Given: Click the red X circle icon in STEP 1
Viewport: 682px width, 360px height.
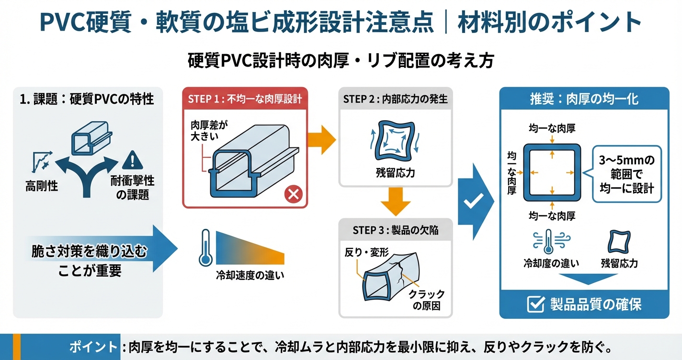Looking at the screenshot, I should pos(293,194).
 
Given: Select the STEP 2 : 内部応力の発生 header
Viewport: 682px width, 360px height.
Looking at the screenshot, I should pos(395,99).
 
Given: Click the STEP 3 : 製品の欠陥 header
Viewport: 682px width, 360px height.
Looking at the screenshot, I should pos(395,230).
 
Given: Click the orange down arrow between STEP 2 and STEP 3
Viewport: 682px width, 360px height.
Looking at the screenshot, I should pos(395,201).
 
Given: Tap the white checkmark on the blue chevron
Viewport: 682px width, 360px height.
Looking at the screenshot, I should pos(473,202).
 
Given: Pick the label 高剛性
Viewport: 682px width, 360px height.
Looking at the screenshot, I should pos(42,186).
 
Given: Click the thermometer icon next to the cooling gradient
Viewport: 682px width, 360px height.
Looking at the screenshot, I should pos(205,247).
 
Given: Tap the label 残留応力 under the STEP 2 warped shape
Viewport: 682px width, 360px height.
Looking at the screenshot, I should pos(395,172).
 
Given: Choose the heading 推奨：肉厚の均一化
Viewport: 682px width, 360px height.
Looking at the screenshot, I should pos(584,99).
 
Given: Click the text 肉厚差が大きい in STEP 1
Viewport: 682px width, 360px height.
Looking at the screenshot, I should pos(208,130).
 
